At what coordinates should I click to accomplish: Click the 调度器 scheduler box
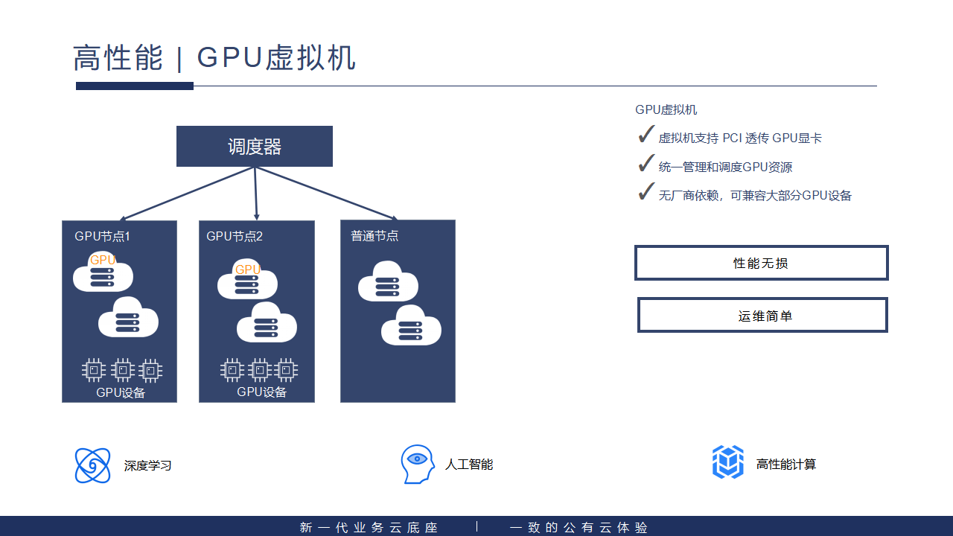point(254,147)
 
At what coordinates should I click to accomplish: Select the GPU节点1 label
point(102,237)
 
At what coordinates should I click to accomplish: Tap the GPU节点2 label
point(235,237)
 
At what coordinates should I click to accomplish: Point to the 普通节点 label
point(374,236)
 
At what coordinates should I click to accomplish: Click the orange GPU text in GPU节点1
point(103,260)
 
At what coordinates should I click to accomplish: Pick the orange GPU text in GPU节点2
point(248,269)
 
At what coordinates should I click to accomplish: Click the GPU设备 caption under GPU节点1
point(121,393)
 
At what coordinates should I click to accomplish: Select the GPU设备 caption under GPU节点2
point(261,392)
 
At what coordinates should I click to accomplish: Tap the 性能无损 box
point(761,263)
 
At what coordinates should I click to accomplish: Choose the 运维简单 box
point(762,315)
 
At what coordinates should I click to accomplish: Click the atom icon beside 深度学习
point(93,465)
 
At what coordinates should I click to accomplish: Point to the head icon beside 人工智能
point(417,464)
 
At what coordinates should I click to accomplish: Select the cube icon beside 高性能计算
point(728,462)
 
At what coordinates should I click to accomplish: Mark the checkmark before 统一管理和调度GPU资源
point(646,164)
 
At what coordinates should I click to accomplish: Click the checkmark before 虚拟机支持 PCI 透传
point(646,135)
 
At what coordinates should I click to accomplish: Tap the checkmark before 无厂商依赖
point(646,192)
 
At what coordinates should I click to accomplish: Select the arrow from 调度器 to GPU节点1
point(186,194)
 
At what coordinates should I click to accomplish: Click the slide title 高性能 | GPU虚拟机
point(214,58)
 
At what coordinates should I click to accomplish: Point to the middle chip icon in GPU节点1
point(122,369)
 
